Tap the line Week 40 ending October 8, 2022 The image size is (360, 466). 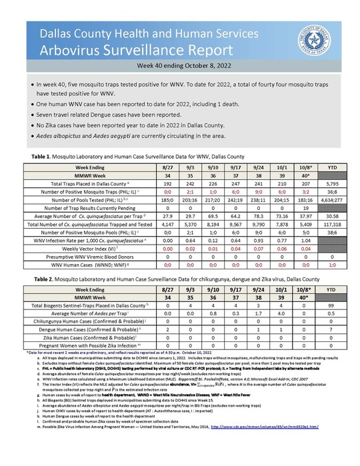point(179,67)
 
